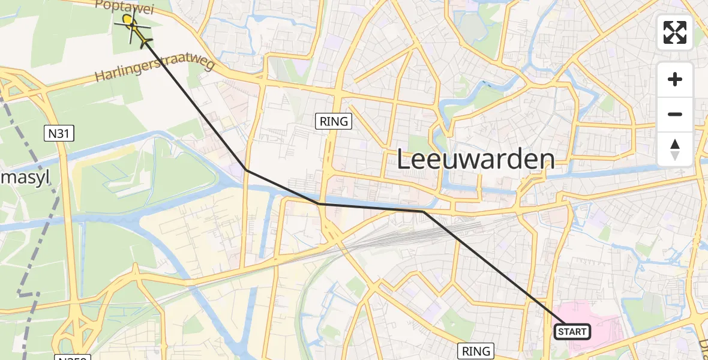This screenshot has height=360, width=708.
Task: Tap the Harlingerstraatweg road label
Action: [x=155, y=70]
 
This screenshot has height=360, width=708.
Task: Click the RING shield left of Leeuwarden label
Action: [x=334, y=121]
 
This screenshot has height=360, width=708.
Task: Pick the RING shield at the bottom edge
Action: [x=476, y=351]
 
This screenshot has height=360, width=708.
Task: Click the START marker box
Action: [x=572, y=332]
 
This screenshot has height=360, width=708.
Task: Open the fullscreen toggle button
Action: [x=675, y=32]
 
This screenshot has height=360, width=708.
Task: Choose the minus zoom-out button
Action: [x=675, y=114]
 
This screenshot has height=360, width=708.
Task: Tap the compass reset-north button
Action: [x=675, y=149]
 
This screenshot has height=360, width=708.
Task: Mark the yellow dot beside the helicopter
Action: [x=127, y=19]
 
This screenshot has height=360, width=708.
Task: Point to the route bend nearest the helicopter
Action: [x=246, y=170]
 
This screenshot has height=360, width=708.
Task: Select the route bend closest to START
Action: [x=423, y=212]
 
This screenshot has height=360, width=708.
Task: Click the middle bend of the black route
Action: [x=321, y=204]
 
